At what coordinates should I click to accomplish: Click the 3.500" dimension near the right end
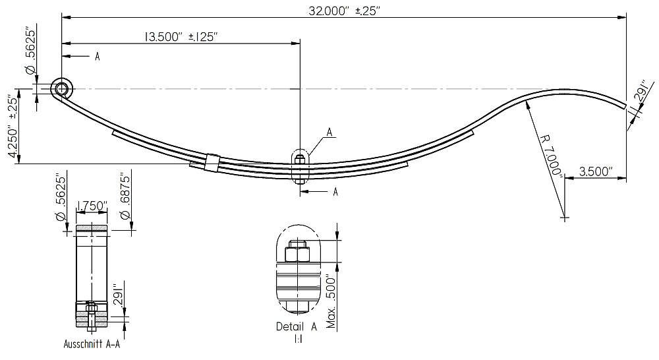[x=595, y=171]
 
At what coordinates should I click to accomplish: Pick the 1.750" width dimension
[x=92, y=206]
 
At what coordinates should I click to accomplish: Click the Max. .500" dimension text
[x=331, y=294]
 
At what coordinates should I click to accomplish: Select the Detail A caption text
[x=297, y=326]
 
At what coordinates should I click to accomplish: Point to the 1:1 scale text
[x=297, y=339]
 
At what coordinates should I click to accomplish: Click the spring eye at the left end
[x=62, y=89]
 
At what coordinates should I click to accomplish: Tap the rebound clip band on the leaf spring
[x=212, y=162]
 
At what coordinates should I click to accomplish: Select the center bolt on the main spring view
[x=300, y=165]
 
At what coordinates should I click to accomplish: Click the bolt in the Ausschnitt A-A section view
[x=92, y=317]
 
